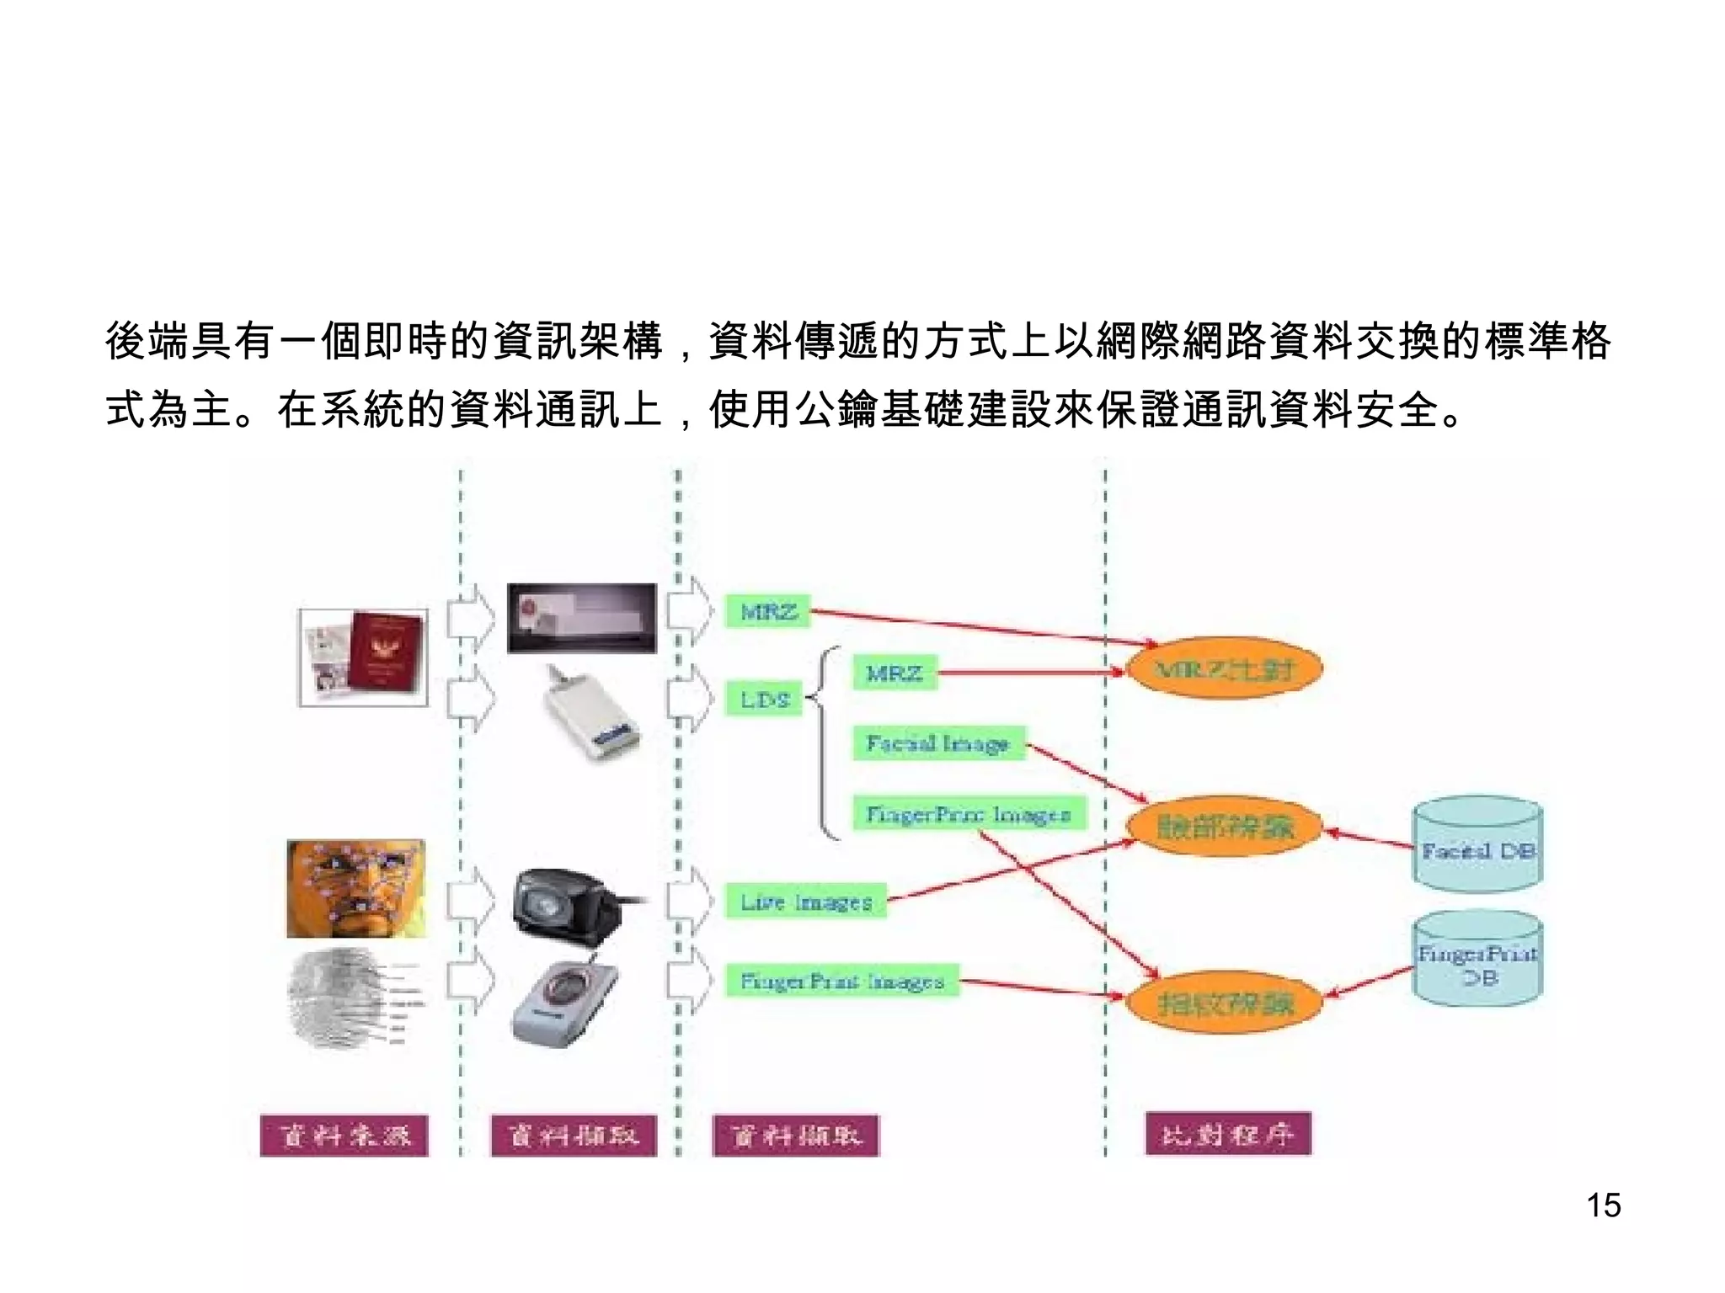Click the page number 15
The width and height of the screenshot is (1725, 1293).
click(1603, 1205)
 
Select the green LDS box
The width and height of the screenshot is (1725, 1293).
click(765, 699)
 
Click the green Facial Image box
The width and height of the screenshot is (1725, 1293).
click(938, 743)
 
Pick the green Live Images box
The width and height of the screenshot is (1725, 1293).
click(806, 902)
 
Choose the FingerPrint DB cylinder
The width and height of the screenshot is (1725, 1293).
click(1478, 960)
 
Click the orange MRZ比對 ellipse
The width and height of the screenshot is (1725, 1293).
click(1224, 668)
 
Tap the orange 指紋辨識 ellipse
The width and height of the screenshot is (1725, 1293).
click(1224, 1001)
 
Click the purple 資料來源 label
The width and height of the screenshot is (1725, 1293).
click(344, 1136)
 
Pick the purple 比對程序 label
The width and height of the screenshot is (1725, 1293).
click(1228, 1135)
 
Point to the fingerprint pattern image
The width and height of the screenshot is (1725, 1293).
click(341, 998)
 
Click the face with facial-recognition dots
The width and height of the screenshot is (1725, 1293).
click(356, 888)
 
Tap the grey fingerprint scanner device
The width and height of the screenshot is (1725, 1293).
click(565, 1003)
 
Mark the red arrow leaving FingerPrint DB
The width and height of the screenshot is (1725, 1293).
click(1370, 982)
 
